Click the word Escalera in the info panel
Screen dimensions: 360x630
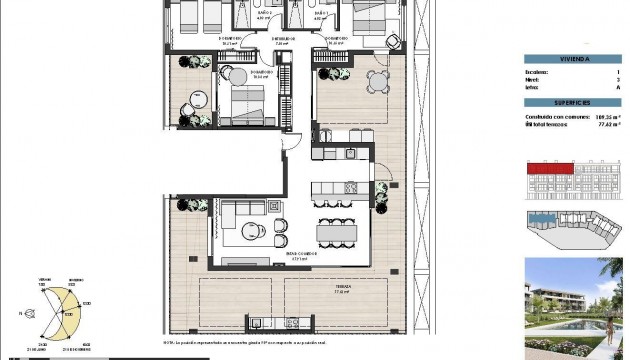[x=536, y=73]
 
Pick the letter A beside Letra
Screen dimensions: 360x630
[x=618, y=88]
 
